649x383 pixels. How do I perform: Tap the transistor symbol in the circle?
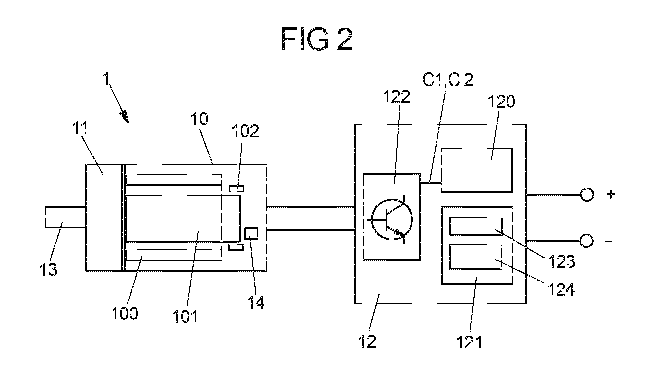tap(391, 219)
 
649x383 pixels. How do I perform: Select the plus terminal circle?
tap(587, 195)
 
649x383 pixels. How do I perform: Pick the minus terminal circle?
tap(587, 241)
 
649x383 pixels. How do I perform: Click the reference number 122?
tap(396, 96)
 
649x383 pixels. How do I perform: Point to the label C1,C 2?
tap(448, 80)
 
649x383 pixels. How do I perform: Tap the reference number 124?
tap(561, 290)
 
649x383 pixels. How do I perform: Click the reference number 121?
tap(469, 342)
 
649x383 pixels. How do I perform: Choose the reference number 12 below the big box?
tap(367, 342)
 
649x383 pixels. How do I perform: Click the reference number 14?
tap(256, 302)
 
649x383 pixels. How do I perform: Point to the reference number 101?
tap(185, 316)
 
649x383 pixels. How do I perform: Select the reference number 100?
tap(124, 313)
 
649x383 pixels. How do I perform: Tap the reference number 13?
tap(48, 270)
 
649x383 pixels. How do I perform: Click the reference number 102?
tap(245, 131)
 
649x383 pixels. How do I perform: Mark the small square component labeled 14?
tap(252, 233)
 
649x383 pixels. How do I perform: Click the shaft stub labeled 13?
tap(65, 217)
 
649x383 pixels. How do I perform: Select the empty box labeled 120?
tap(477, 170)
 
